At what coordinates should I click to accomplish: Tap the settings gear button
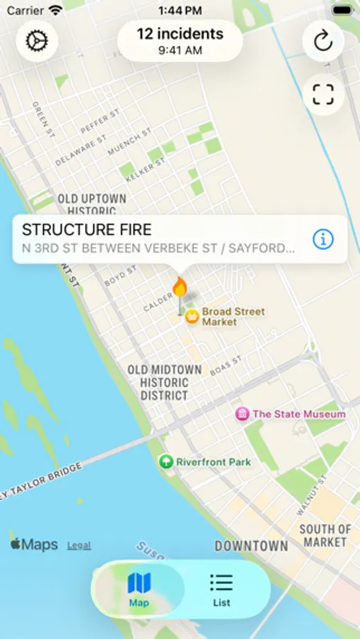pyautogui.click(x=37, y=41)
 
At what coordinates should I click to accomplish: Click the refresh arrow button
pyautogui.click(x=323, y=41)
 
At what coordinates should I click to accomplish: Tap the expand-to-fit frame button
pyautogui.click(x=323, y=94)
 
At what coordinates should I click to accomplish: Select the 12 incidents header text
pyautogui.click(x=180, y=33)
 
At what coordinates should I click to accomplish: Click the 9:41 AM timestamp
pyautogui.click(x=180, y=50)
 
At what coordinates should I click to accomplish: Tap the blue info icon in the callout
pyautogui.click(x=322, y=239)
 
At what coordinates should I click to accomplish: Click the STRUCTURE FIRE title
pyautogui.click(x=87, y=229)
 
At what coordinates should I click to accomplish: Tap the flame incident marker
pyautogui.click(x=180, y=288)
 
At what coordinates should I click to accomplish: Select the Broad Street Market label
pyautogui.click(x=233, y=317)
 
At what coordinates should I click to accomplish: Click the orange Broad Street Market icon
pyautogui.click(x=192, y=317)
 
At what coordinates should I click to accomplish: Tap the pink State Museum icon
pyautogui.click(x=242, y=414)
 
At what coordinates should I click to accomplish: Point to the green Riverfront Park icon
pyautogui.click(x=166, y=462)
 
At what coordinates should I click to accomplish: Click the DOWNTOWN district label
pyautogui.click(x=251, y=546)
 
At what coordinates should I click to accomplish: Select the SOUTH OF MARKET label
pyautogui.click(x=325, y=535)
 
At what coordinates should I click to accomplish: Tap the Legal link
pyautogui.click(x=79, y=545)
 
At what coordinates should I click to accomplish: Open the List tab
pyautogui.click(x=222, y=589)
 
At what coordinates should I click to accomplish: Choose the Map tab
pyautogui.click(x=139, y=589)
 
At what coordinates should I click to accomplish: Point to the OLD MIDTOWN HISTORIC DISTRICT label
pyautogui.click(x=164, y=383)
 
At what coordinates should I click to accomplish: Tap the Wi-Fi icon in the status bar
pyautogui.click(x=55, y=11)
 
